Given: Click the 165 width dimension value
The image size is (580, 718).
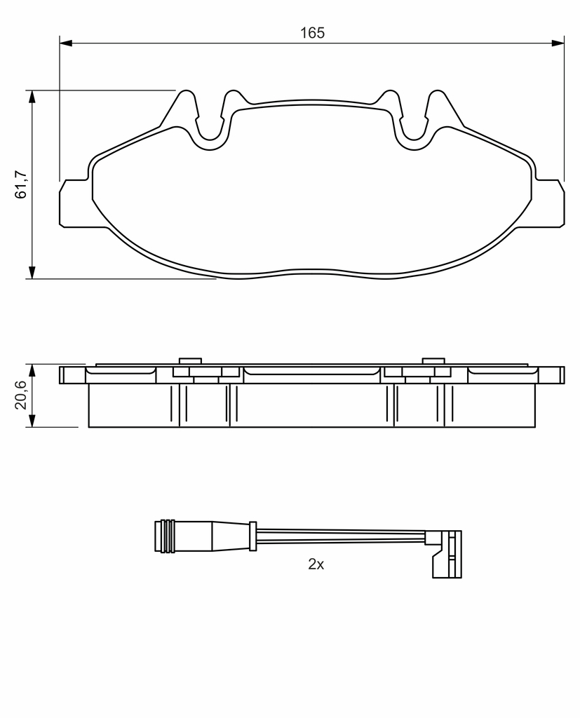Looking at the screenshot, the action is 312,33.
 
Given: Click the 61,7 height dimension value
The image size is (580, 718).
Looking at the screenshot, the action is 21,184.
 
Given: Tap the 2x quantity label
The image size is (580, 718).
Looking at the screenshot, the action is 316,564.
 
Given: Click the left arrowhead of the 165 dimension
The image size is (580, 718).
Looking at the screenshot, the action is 66,43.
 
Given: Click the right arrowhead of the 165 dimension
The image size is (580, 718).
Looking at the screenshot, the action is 558,43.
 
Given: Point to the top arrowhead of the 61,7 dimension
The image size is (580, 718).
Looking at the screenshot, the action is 32,97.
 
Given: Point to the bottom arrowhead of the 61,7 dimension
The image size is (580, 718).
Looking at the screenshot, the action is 32,272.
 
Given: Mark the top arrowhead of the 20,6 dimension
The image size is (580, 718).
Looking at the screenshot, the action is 32,371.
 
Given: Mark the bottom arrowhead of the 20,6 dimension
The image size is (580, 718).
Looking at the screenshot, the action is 32,421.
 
